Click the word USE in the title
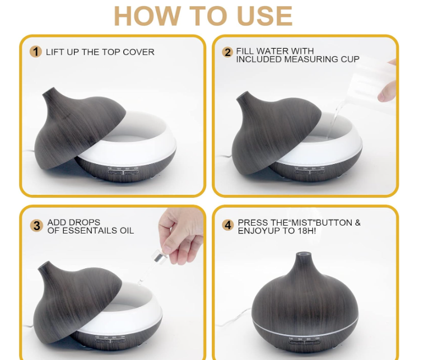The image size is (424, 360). point(264,16)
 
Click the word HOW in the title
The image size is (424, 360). point(147,16)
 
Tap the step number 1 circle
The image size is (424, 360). point(36,52)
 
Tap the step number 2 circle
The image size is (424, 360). point(227,52)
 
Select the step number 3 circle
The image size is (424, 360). point(36,226)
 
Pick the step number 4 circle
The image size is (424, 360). point(228,225)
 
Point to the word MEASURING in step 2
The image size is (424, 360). point(311,59)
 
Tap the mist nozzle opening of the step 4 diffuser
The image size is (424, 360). point(304,254)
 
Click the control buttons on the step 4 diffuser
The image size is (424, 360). point(305,342)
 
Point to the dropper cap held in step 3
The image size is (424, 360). point(159,257)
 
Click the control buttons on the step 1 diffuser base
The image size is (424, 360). point(124,172)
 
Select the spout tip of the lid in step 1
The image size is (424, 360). point(49,91)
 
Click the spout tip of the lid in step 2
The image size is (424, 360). point(243,95)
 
